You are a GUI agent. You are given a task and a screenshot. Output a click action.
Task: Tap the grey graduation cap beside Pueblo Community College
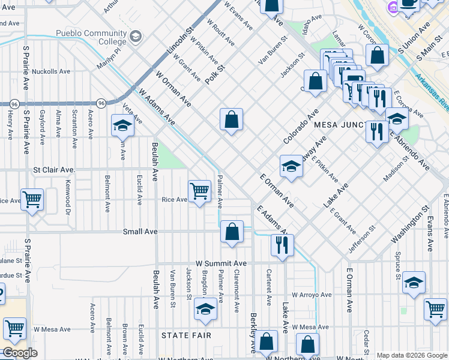click(x=136, y=37)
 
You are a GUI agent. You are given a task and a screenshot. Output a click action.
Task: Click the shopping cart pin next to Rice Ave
click(x=199, y=191)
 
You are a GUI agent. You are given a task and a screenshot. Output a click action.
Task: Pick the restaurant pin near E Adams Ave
click(x=282, y=244)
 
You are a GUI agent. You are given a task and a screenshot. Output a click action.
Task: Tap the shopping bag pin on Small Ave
click(x=232, y=232)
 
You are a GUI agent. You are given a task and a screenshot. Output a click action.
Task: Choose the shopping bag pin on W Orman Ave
click(x=231, y=119)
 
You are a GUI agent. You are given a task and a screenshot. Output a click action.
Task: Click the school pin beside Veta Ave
click(x=122, y=126)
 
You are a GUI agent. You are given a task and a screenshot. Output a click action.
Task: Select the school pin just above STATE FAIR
click(x=205, y=310)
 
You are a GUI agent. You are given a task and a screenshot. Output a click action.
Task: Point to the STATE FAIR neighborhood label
click(x=186, y=335)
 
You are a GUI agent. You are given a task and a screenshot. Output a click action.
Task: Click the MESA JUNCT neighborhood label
click(x=340, y=125)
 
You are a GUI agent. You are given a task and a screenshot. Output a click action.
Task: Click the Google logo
click(x=20, y=353)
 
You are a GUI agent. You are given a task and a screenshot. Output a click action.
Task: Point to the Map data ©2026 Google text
click(x=411, y=355)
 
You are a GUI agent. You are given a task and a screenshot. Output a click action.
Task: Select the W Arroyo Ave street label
click(x=312, y=295)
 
